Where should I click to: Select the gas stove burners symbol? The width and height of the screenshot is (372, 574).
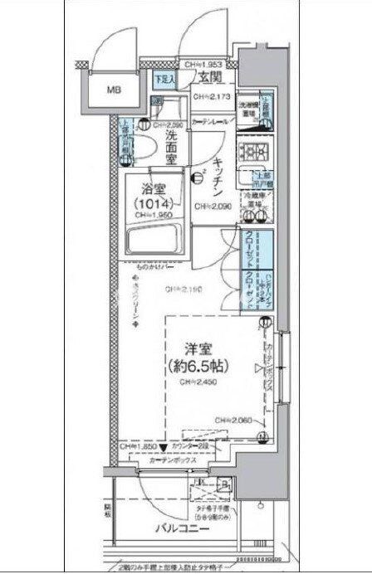[x=250, y=152]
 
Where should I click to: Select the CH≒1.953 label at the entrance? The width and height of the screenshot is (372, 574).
[x=203, y=65]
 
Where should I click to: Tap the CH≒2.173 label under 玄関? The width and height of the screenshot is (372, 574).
[x=212, y=98]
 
